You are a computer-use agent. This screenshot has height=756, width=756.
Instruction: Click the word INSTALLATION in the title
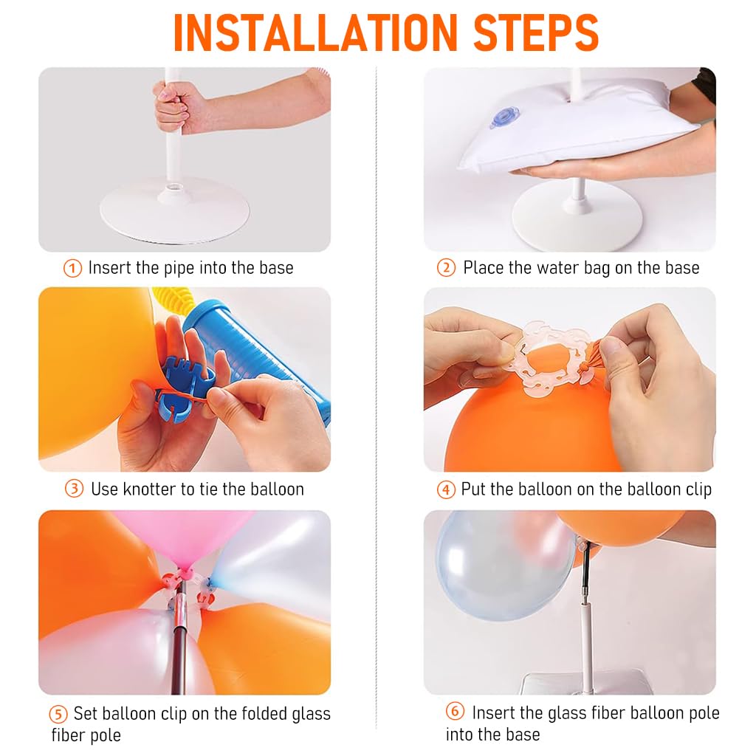point(315,32)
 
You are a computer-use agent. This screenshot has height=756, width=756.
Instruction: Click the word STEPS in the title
point(536,32)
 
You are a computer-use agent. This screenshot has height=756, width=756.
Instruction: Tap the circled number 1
point(73,268)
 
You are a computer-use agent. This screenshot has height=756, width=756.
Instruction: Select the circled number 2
point(446,267)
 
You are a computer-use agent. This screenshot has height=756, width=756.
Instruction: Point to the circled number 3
point(75,489)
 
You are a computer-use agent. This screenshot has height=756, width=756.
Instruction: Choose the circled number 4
point(446,490)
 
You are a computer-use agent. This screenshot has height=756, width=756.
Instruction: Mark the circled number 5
point(58,714)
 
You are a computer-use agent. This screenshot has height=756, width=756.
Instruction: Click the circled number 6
point(455,711)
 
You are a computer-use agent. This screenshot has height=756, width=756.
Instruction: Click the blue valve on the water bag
point(504,117)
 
